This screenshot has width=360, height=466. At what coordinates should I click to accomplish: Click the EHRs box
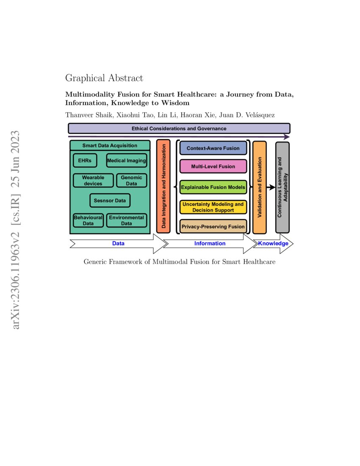(x=85, y=161)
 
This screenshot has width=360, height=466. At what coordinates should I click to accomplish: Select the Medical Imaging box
(x=126, y=161)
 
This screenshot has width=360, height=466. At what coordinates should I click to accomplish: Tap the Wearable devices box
(x=93, y=180)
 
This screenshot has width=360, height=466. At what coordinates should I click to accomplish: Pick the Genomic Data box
(x=132, y=180)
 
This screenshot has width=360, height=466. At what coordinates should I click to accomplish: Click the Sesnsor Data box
(x=110, y=200)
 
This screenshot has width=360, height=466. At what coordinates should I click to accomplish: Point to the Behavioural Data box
(x=88, y=220)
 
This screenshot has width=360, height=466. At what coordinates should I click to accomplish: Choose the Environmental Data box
(x=126, y=220)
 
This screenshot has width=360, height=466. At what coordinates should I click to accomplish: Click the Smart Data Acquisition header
(x=110, y=145)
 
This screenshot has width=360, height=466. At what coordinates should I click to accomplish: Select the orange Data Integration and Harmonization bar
(x=163, y=186)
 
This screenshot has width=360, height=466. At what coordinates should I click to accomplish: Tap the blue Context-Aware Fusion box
(x=213, y=148)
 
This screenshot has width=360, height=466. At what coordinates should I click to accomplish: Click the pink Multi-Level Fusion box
(x=213, y=166)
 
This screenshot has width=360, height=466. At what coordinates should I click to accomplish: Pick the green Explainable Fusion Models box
(x=213, y=187)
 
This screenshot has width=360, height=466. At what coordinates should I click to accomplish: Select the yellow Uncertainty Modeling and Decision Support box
(x=213, y=207)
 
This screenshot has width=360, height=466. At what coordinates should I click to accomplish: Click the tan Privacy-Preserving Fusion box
(x=213, y=227)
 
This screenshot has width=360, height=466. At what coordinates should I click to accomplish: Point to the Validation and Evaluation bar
(x=260, y=187)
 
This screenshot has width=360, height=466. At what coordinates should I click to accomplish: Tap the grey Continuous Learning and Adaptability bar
(x=282, y=187)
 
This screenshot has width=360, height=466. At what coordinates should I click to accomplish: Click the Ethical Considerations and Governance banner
(x=179, y=128)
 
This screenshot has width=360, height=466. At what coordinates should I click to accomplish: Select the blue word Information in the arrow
(x=210, y=244)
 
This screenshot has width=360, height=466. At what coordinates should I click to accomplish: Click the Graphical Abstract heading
(x=104, y=78)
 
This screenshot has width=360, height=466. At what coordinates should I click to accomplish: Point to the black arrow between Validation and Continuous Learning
(x=271, y=187)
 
